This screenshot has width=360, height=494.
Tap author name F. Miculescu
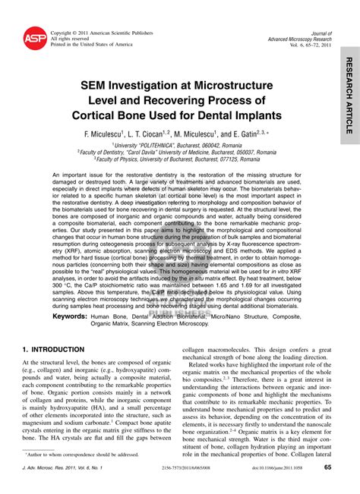tap(115, 132)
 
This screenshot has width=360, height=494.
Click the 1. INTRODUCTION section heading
tap(53, 349)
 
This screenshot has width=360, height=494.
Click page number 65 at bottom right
tap(327, 468)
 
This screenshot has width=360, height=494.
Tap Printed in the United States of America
tap(91, 45)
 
